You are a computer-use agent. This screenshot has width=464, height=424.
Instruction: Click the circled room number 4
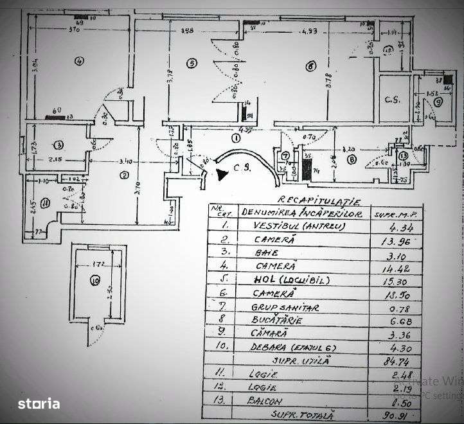[x=79, y=62]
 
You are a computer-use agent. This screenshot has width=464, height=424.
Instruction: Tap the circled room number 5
[x=190, y=63]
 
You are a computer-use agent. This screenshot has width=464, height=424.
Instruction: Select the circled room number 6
[x=310, y=65]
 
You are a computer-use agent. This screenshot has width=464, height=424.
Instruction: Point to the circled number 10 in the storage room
[x=95, y=279]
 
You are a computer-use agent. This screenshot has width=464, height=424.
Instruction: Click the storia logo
[x=39, y=404]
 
